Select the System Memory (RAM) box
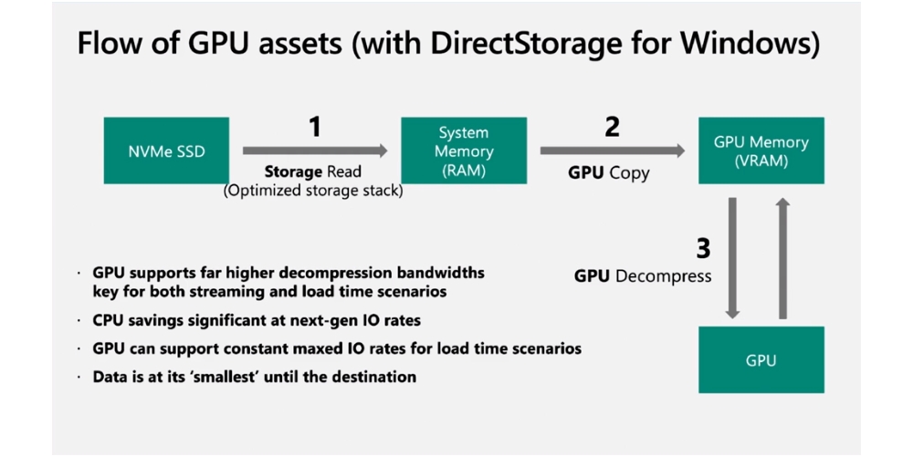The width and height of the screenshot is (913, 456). click(464, 150)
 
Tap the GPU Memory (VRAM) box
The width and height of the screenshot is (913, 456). click(761, 150)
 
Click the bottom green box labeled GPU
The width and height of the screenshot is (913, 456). click(761, 359)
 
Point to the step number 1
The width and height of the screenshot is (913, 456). click(315, 127)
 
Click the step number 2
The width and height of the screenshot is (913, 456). click(612, 127)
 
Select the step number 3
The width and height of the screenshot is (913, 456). click(702, 248)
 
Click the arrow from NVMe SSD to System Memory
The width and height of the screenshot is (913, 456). click(315, 150)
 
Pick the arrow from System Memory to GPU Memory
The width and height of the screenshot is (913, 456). click(613, 150)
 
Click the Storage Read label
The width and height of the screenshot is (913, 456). click(313, 171)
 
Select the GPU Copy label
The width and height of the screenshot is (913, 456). click(610, 172)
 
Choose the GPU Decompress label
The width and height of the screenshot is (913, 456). click(643, 275)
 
